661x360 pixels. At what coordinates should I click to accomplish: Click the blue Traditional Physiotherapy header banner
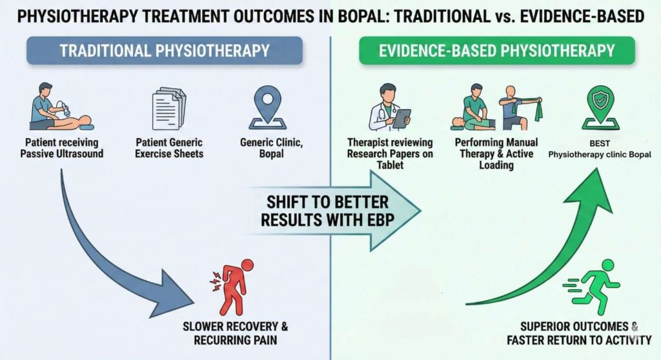click(x=164, y=50)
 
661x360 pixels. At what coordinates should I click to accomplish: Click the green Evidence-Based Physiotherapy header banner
click(x=496, y=50)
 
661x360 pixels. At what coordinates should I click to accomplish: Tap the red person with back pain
click(x=232, y=288)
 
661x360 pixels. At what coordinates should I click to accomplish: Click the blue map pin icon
click(x=266, y=107)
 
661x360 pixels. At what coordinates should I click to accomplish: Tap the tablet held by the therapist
click(x=402, y=117)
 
